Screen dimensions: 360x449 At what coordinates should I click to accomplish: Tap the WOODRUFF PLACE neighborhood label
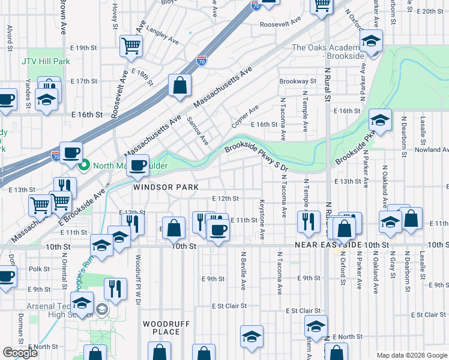pos(161,328)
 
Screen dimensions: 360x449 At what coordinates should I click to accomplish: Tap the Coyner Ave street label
pos(245,117)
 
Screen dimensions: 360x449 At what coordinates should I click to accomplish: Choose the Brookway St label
pos(297,81)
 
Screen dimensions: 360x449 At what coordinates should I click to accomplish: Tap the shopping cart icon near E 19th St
pos(130,46)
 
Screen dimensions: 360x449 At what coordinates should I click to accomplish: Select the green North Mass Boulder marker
pos(85,165)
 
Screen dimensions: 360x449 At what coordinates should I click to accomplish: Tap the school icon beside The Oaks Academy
pos(371,42)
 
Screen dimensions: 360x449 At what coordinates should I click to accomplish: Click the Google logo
pos(20,353)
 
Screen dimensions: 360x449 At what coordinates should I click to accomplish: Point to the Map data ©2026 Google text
pos(411,355)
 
